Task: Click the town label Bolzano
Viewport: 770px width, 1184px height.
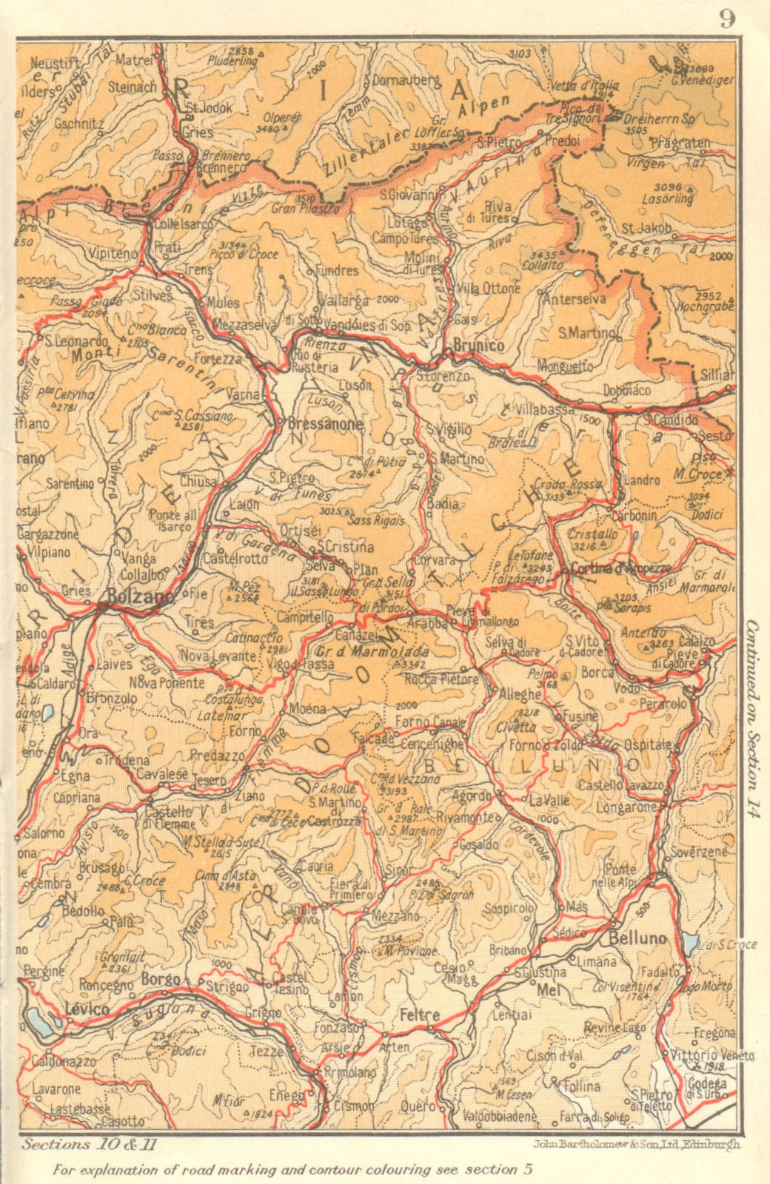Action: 140,595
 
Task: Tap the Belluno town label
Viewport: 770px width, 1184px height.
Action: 637,938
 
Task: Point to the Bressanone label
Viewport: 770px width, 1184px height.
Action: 325,424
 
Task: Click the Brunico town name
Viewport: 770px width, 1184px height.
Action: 478,345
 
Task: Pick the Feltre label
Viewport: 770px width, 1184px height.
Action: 420,1015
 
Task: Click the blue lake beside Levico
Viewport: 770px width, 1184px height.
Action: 37,1020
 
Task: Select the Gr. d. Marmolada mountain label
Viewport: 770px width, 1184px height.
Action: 372,652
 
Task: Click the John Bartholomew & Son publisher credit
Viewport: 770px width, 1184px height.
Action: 635,1144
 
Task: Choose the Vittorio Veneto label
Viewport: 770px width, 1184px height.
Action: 712,1055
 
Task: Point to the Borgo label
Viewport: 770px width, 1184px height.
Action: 161,979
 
